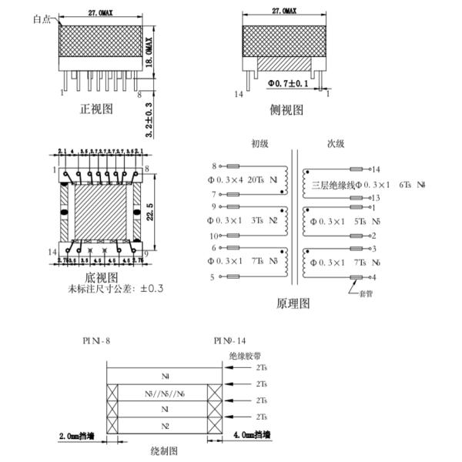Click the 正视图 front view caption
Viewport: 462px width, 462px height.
tap(96, 109)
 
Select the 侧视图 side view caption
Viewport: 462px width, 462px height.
tap(286, 110)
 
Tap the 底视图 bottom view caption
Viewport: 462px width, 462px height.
tap(101, 276)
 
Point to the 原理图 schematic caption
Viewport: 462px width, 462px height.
tap(293, 303)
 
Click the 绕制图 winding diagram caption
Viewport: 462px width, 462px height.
tap(164, 450)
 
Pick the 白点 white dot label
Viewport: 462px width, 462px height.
tap(42, 20)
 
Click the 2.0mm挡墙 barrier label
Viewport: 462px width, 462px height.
tap(78, 436)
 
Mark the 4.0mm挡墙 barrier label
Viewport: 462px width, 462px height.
tap(252, 436)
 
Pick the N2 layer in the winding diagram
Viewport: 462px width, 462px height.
tap(164, 425)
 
